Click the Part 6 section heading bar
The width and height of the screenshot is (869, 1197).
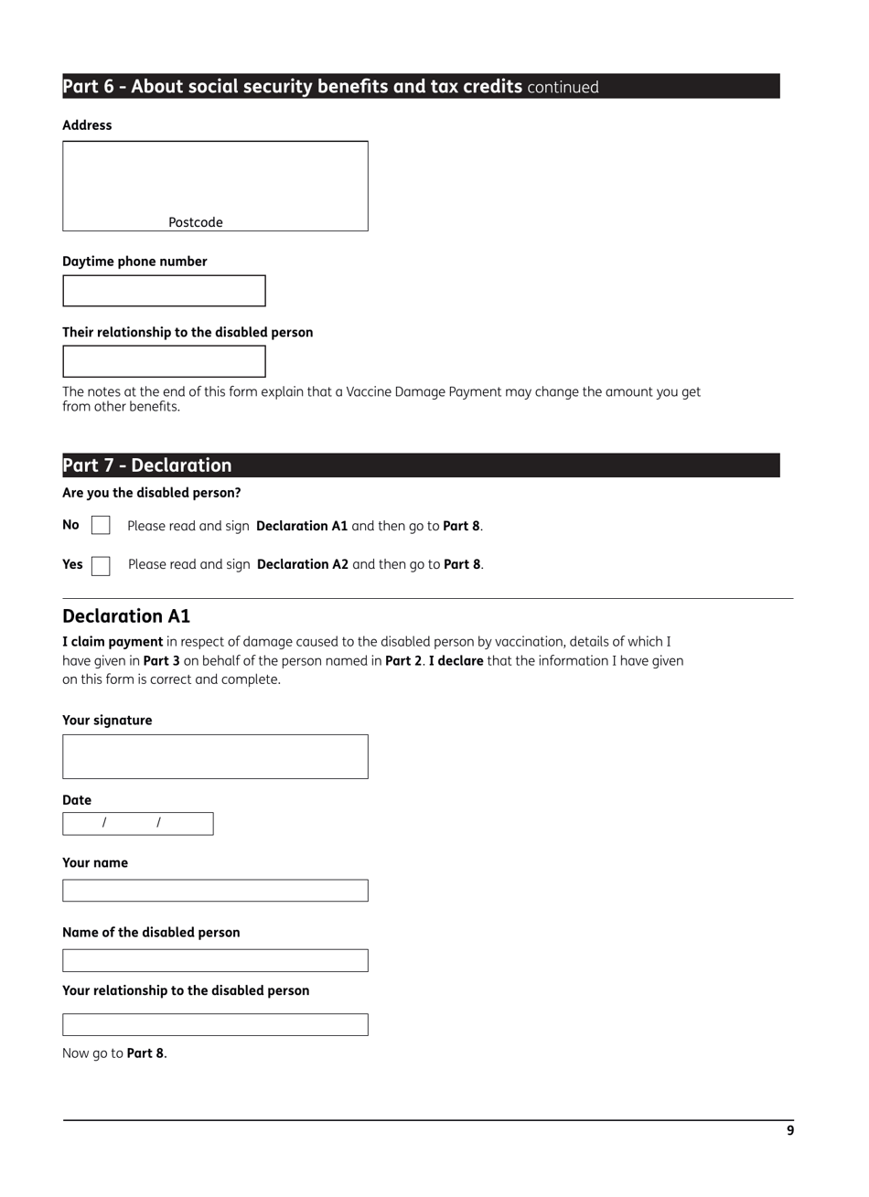421,87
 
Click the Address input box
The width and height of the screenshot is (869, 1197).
215,178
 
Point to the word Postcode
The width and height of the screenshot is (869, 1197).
195,222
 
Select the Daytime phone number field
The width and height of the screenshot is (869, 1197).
164,291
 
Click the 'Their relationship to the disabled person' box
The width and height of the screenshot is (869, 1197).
164,361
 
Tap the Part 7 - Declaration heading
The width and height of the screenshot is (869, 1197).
421,465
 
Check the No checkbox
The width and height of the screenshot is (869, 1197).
101,526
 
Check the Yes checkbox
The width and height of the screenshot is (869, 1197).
101,565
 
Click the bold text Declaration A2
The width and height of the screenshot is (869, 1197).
302,565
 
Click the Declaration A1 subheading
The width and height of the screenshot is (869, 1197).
126,616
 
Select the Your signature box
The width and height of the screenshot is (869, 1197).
215,756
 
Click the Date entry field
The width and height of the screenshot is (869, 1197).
137,824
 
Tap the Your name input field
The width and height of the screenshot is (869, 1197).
215,891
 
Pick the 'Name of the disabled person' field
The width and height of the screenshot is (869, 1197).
215,960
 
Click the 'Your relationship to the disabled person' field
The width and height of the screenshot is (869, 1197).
215,1025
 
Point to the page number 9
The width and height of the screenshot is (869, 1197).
790,1131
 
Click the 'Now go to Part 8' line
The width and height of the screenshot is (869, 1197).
114,1053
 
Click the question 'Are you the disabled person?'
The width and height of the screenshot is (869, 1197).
152,493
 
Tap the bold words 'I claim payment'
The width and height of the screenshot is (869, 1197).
113,642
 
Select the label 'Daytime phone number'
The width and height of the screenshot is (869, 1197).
134,262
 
